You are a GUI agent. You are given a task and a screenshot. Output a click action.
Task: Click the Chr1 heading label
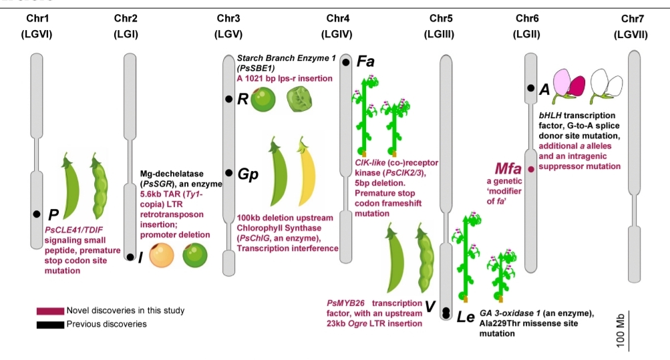[x=35, y=17]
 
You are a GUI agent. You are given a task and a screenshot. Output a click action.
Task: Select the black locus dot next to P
[x=36, y=214]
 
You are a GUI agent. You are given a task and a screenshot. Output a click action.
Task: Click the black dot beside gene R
[x=228, y=100]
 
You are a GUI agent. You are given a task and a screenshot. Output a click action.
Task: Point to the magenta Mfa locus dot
[x=531, y=170]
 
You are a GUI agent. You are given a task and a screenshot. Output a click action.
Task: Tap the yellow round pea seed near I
[x=162, y=256]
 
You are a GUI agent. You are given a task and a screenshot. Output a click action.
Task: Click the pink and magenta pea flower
[x=567, y=87]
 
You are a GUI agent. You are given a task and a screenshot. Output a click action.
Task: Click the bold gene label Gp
[x=248, y=174]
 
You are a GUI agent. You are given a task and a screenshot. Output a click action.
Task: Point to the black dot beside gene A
[x=530, y=87]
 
